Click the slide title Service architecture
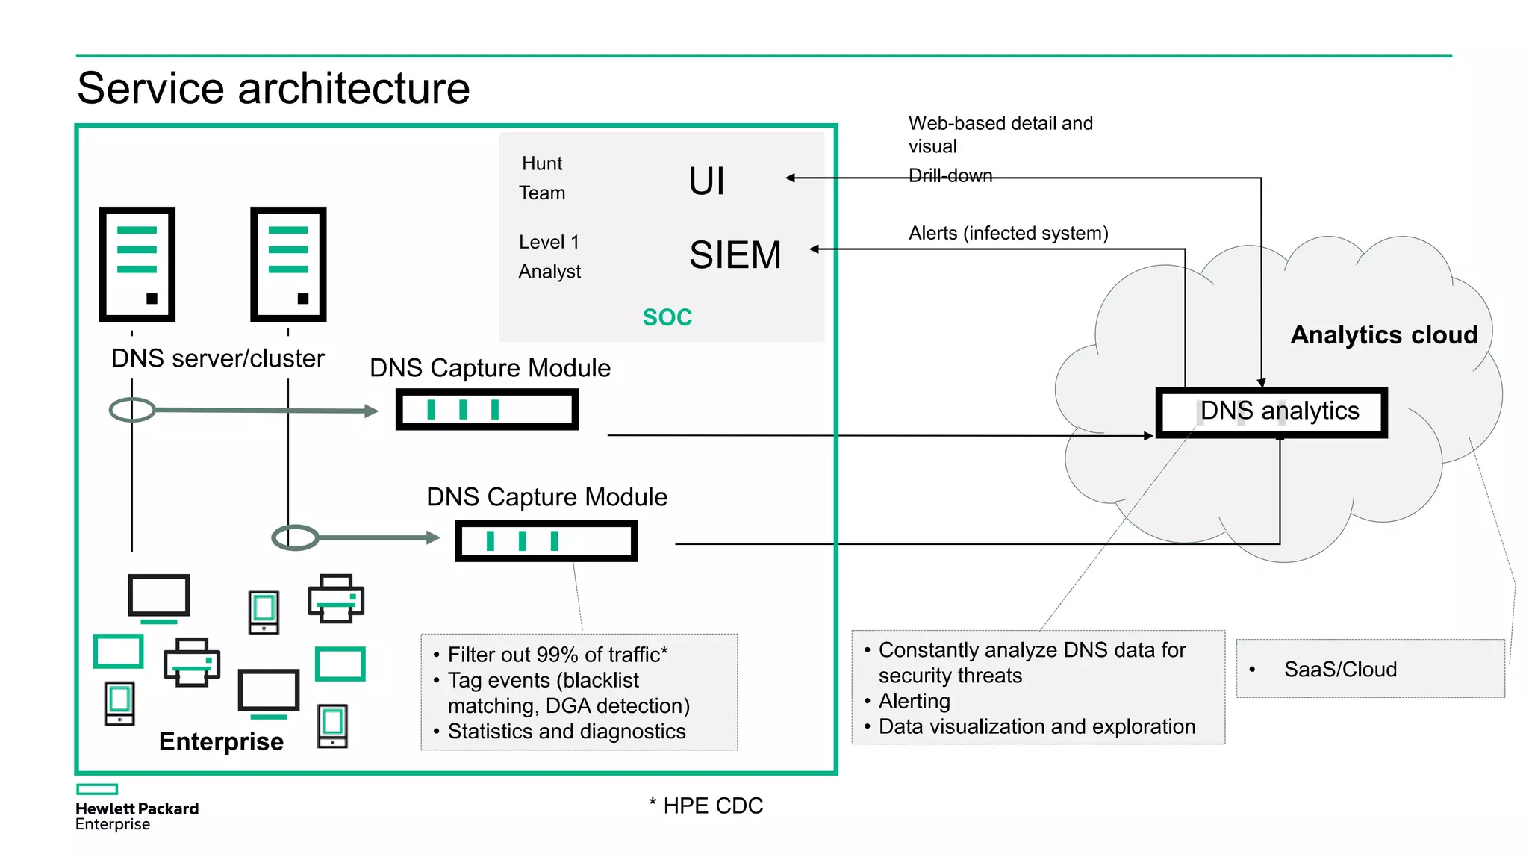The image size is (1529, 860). click(273, 88)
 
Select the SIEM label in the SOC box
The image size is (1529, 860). click(735, 255)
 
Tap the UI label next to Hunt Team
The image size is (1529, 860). click(706, 181)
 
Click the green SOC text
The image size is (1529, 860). click(667, 317)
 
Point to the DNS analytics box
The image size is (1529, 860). click(1271, 412)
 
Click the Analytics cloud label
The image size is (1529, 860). click(1383, 335)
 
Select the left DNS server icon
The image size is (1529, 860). click(137, 264)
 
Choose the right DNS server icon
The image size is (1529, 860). click(288, 264)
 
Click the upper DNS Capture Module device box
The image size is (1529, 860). click(487, 409)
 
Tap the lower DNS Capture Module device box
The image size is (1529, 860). click(546, 540)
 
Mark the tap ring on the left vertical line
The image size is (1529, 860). click(132, 409)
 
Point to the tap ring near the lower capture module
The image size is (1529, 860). click(295, 537)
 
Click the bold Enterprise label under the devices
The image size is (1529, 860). click(221, 741)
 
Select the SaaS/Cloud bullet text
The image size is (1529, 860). click(1339, 670)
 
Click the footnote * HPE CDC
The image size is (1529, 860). click(706, 806)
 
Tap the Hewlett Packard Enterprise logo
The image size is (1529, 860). click(136, 808)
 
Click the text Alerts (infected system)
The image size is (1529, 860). click(1008, 233)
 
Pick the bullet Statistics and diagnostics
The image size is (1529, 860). click(566, 732)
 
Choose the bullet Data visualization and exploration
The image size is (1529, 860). click(1036, 726)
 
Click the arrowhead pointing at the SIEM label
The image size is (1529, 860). click(815, 249)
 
